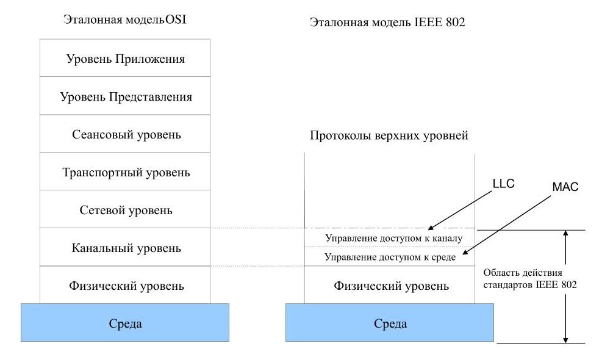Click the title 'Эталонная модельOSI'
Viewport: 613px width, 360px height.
124,20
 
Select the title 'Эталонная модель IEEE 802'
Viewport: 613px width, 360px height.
387,23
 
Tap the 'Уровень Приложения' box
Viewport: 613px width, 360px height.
125,58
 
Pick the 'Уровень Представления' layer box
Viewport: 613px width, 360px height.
125,96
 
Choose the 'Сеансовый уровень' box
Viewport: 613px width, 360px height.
125,134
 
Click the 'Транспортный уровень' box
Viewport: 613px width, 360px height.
125,171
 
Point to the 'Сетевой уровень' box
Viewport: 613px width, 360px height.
125,209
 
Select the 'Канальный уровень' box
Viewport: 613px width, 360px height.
125,248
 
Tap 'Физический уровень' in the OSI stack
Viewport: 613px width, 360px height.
125,285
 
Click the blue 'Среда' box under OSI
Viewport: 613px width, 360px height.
125,323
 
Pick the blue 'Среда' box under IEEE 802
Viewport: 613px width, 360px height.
390,323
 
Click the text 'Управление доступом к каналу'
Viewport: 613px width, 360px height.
393,238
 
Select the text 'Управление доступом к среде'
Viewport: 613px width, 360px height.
390,257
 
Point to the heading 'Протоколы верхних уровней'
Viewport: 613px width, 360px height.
389,135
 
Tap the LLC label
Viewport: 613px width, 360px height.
504,184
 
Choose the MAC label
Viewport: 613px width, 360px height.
565,187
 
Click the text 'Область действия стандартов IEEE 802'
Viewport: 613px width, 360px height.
530,278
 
